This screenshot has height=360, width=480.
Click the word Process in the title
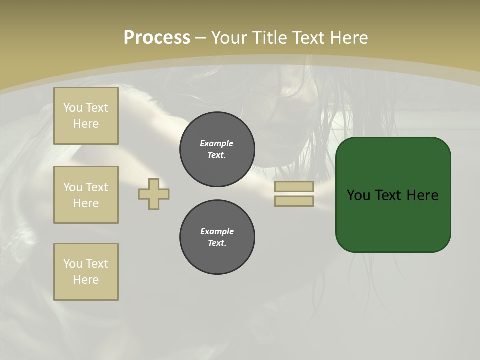(x=157, y=38)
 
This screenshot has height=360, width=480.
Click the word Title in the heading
(x=268, y=38)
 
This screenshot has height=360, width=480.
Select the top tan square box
(x=86, y=116)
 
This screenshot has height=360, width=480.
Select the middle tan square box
(x=86, y=195)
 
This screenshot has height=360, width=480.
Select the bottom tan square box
(x=86, y=272)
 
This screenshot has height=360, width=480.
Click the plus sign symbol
(x=154, y=194)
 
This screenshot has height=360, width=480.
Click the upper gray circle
(x=217, y=149)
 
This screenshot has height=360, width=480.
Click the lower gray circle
(x=217, y=237)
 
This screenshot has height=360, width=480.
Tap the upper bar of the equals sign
(x=294, y=186)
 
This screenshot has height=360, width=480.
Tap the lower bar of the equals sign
(x=294, y=201)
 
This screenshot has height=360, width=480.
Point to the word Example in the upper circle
(x=217, y=143)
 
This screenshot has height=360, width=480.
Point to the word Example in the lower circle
(x=217, y=231)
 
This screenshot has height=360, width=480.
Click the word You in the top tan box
(x=73, y=108)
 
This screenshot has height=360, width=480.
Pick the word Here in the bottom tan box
(x=86, y=280)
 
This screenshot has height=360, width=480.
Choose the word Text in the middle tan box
(x=97, y=187)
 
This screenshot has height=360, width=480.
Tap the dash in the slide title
(x=201, y=38)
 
